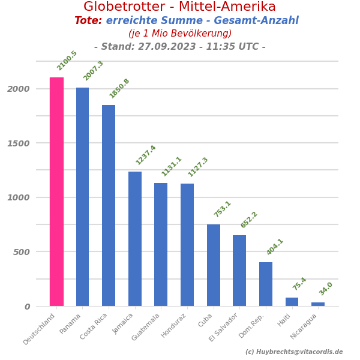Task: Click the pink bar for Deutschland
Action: (x=56, y=191)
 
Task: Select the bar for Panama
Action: (x=82, y=197)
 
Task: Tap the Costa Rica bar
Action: (x=109, y=205)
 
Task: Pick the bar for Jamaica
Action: (x=135, y=239)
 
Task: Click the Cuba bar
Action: (x=214, y=265)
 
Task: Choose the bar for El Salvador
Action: (x=239, y=271)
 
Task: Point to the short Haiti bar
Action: (x=292, y=302)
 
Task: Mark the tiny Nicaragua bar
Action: (x=318, y=304)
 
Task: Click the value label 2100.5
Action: (x=67, y=61)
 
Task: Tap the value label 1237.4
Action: (x=146, y=155)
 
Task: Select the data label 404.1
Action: (x=275, y=247)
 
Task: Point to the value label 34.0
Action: (x=326, y=289)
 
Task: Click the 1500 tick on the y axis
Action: (x=18, y=143)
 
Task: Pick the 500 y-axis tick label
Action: (x=21, y=252)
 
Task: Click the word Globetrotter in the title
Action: (x=125, y=7)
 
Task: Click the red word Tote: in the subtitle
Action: (x=88, y=21)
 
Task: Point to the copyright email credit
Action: (x=294, y=352)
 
